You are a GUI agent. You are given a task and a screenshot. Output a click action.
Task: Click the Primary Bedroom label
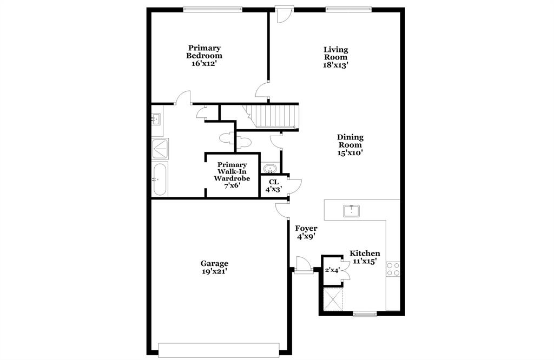pyautogui.click(x=204, y=56)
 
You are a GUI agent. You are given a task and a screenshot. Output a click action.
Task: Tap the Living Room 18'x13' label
pyautogui.click(x=335, y=57)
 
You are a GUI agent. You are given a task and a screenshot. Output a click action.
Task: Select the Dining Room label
pyautogui.click(x=350, y=145)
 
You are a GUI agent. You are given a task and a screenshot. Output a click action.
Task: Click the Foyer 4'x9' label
pyautogui.click(x=306, y=232)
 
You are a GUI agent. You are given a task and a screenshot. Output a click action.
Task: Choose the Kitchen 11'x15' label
pyautogui.click(x=364, y=257)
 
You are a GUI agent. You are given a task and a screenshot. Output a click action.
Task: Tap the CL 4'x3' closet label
pyautogui.click(x=273, y=186)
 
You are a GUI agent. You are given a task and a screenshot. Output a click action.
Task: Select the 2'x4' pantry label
pyautogui.click(x=332, y=270)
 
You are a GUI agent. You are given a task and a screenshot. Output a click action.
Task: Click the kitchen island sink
pyautogui.click(x=352, y=210)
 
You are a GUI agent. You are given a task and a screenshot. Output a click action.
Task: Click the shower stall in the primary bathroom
pyautogui.click(x=160, y=148)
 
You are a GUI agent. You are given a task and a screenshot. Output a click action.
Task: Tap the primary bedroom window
pyautogui.click(x=212, y=9)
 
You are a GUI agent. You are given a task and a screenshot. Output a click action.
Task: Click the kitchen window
pyautogui.click(x=365, y=313)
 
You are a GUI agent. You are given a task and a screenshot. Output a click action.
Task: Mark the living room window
pyautogui.click(x=348, y=9)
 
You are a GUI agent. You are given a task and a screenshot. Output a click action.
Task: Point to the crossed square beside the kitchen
pyautogui.click(x=333, y=298)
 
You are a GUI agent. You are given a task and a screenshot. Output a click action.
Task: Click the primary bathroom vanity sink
pyautogui.click(x=157, y=119)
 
